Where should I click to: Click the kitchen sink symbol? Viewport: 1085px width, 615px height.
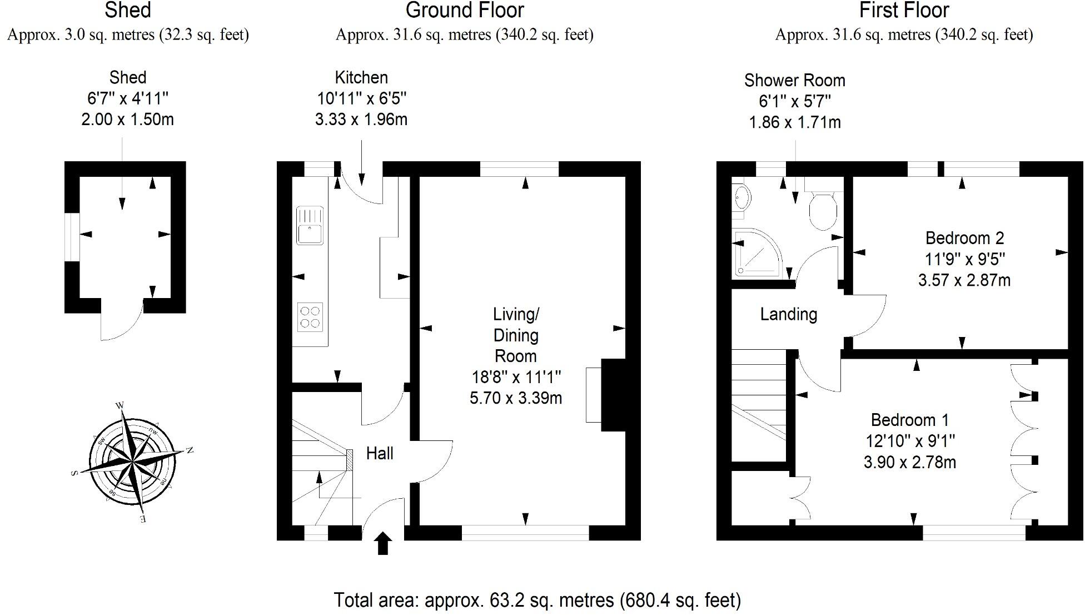tap(310, 225)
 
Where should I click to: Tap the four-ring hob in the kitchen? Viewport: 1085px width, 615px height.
tap(310, 317)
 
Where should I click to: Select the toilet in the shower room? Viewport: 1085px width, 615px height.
tap(823, 211)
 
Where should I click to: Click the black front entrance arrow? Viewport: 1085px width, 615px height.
tap(383, 543)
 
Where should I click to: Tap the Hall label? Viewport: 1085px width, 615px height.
tap(380, 453)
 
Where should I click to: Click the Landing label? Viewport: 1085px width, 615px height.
tap(788, 314)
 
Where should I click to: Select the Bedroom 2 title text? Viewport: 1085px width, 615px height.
tap(964, 238)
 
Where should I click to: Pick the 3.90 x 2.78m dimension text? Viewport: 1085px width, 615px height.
tap(909, 462)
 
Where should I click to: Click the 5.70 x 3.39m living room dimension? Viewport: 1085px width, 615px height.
tap(516, 398)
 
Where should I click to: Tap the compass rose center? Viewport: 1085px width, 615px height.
tap(132, 461)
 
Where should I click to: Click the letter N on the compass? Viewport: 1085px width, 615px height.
tap(189, 450)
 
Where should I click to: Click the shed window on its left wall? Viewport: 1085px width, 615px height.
tap(72, 236)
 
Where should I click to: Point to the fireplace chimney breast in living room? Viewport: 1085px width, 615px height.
tap(614, 395)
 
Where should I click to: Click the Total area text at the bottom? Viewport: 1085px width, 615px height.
tap(537, 600)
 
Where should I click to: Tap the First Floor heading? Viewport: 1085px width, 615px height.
tap(904, 11)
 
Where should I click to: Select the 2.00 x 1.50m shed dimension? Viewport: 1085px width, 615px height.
tap(127, 120)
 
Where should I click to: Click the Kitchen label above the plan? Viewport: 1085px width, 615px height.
tap(361, 77)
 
